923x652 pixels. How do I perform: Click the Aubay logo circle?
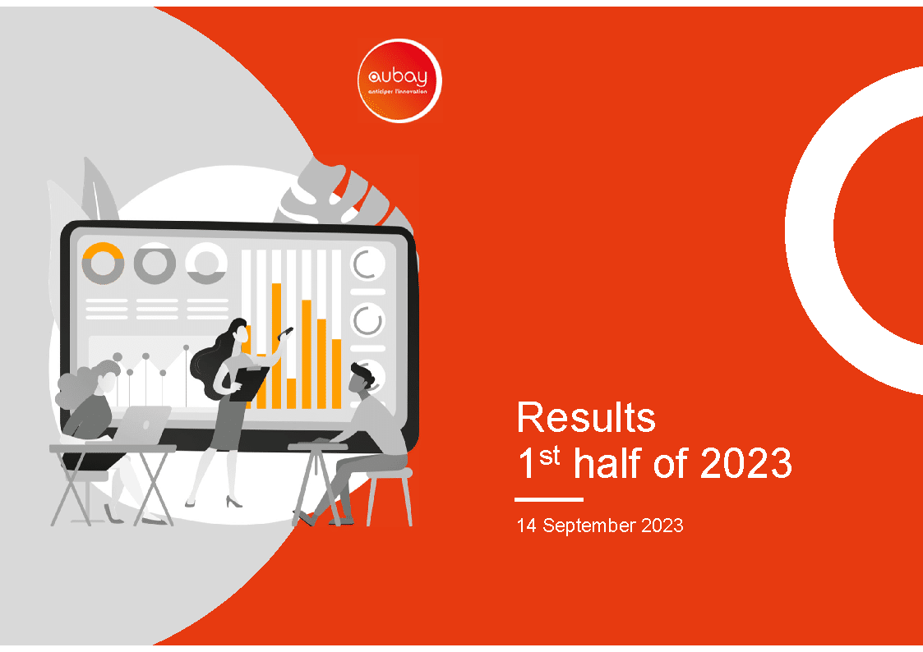click(399, 80)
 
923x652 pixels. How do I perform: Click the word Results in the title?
click(586, 417)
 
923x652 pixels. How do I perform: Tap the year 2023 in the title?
click(745, 463)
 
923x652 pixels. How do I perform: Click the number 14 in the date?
click(526, 525)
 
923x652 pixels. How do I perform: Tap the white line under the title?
click(548, 499)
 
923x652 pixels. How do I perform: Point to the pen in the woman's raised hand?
click(285, 333)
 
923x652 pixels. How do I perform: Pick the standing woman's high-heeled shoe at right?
click(234, 502)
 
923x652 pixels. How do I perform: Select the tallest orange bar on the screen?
click(276, 346)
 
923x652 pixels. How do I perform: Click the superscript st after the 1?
click(549, 457)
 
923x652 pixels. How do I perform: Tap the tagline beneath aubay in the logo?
click(397, 92)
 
